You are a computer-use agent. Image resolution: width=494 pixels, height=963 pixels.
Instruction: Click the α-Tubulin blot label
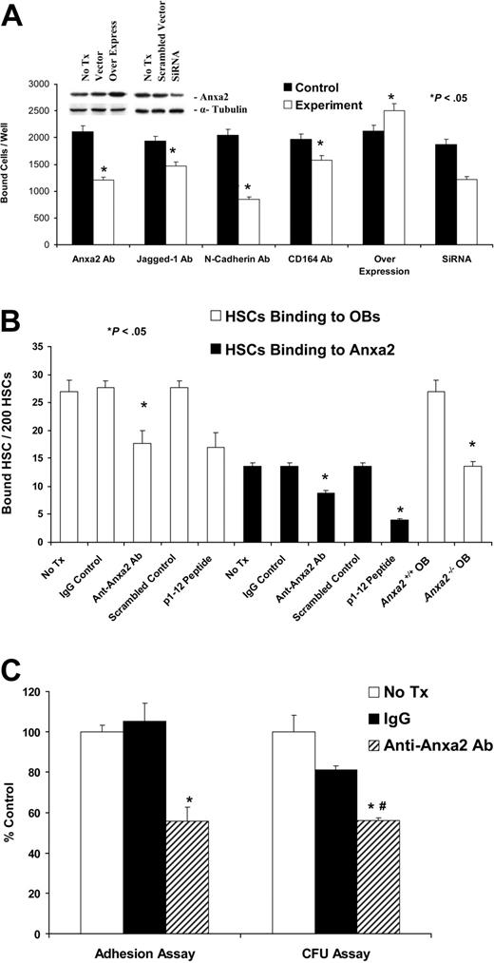(235, 112)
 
